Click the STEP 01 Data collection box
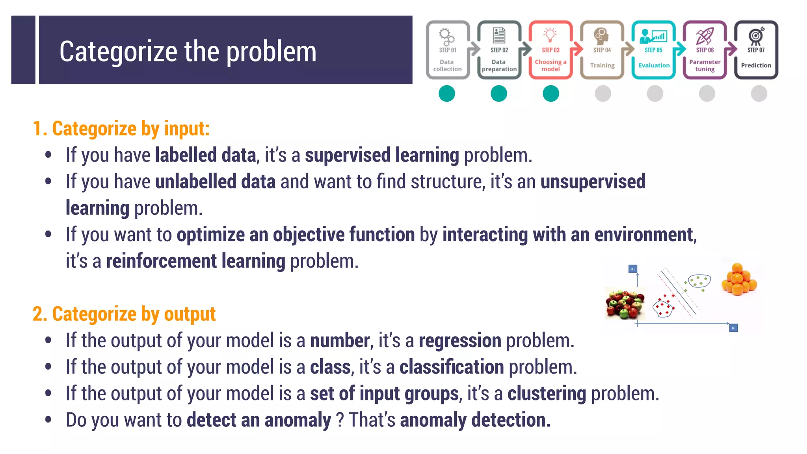pyautogui.click(x=447, y=50)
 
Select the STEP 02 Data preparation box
pyautogui.click(x=499, y=50)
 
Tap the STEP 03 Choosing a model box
pyautogui.click(x=550, y=50)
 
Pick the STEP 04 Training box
pyautogui.click(x=602, y=50)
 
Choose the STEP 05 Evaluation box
pyautogui.click(x=653, y=50)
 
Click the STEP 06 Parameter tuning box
pyautogui.click(x=705, y=50)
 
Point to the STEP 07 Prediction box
pyautogui.click(x=756, y=50)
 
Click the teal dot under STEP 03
pyautogui.click(x=551, y=94)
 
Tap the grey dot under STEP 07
pyautogui.click(x=759, y=94)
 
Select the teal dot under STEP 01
pyautogui.click(x=447, y=94)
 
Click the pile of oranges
pyautogui.click(x=739, y=279)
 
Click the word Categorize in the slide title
pyautogui.click(x=118, y=52)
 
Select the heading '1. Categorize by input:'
pyautogui.click(x=121, y=128)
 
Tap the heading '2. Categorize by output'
pyautogui.click(x=124, y=314)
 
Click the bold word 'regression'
pyautogui.click(x=460, y=340)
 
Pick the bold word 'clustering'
pyautogui.click(x=547, y=394)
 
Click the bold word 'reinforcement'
pyautogui.click(x=162, y=261)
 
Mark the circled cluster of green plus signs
pyautogui.click(x=699, y=281)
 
